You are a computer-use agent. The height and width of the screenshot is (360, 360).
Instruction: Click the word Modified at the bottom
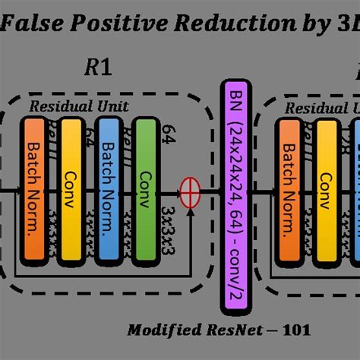pos(157,330)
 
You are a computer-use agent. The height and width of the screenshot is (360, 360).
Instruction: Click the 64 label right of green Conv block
pos(168,135)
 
